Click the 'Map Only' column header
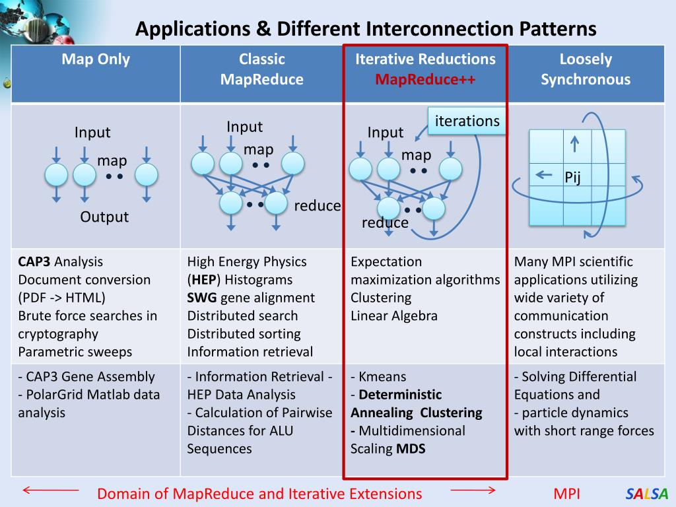coord(96,59)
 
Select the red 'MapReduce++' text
coord(425,80)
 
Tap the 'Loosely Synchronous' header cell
coord(586,69)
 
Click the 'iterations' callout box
coord(467,121)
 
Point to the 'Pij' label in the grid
coord(572,178)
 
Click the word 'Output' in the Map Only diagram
coord(104,217)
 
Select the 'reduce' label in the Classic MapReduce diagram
coord(318,206)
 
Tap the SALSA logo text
coord(647,494)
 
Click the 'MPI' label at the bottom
coord(567,494)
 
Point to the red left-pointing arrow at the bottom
coord(51,490)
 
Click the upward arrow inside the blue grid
coord(574,143)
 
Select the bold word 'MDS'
coord(411,449)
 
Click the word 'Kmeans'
coord(382,377)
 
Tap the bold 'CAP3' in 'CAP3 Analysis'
coord(34,261)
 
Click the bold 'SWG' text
coord(202,298)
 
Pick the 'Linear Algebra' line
coord(394,316)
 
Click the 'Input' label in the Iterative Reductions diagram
coord(386,133)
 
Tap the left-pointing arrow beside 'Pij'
coord(544,175)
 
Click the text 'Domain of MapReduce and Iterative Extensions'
coord(259,494)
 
